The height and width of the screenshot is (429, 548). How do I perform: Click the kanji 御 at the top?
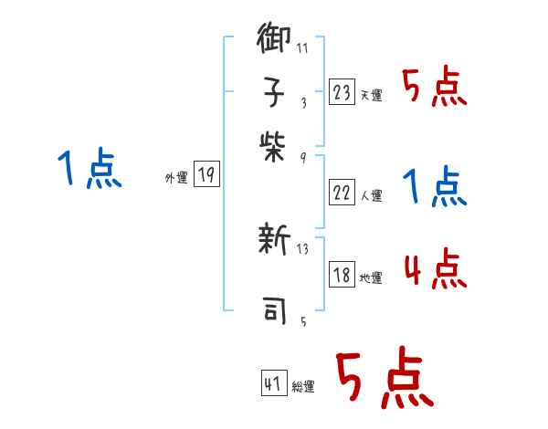click(x=274, y=42)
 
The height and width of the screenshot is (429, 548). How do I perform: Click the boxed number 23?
click(x=342, y=92)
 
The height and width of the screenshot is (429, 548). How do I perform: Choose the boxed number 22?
click(x=342, y=192)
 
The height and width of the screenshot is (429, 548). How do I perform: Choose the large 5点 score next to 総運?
click(x=384, y=379)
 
